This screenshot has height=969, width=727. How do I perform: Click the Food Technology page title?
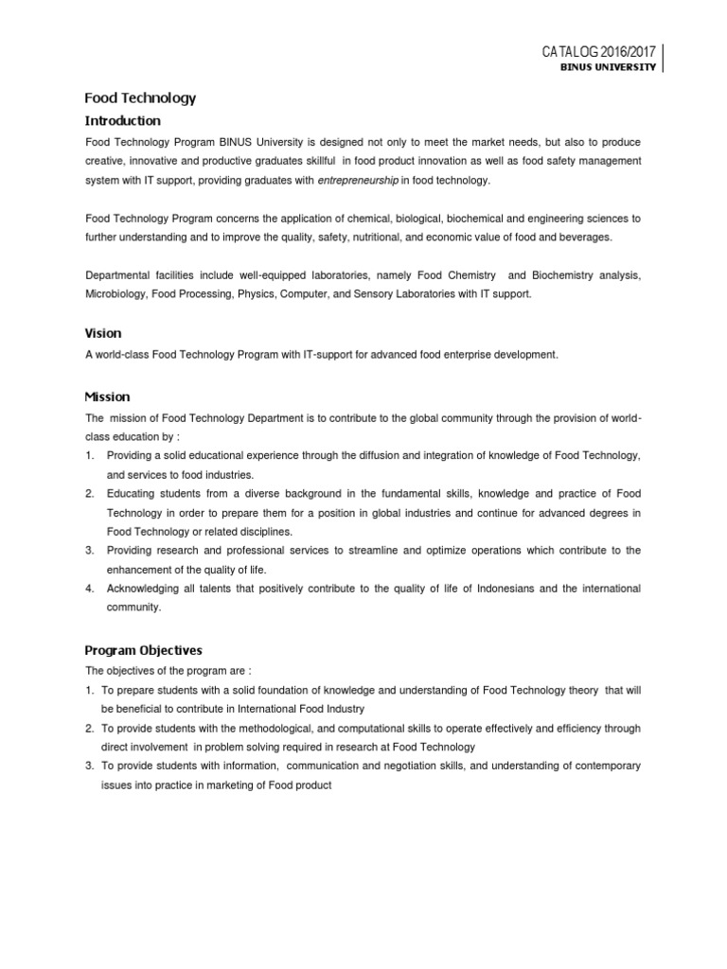pyautogui.click(x=140, y=97)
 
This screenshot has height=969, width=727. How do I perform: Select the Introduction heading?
pyautogui.click(x=123, y=121)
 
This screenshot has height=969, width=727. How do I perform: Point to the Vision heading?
pyautogui.click(x=103, y=333)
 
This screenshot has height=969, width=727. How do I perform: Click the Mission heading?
pyautogui.click(x=107, y=396)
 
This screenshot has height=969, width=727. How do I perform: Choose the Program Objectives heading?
pyautogui.click(x=143, y=650)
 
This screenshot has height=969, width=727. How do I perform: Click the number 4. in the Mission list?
pyautogui.click(x=89, y=589)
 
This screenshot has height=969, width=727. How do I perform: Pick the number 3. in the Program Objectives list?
pyautogui.click(x=89, y=766)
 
